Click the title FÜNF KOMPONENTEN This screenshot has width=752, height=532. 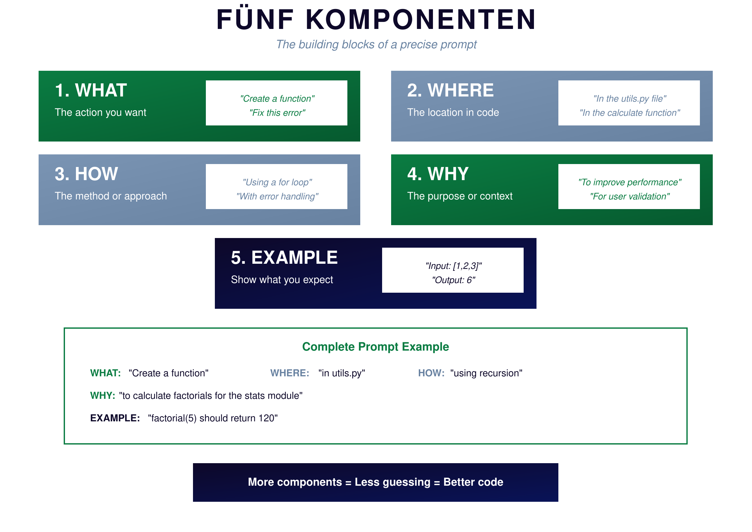[376, 20]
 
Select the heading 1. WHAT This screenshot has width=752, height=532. [91, 90]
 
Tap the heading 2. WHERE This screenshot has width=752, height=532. [450, 90]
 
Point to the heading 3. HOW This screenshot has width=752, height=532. [86, 174]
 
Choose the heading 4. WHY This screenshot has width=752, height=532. [438, 174]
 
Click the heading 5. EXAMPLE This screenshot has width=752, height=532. [284, 258]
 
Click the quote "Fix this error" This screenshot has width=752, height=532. [277, 113]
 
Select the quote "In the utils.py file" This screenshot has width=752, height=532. [629, 99]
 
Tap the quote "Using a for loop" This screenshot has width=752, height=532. [277, 182]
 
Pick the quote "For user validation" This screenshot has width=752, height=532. [629, 197]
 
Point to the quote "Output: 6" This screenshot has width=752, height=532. [453, 280]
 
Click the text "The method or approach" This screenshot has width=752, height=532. [111, 196]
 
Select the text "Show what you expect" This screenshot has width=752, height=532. [282, 280]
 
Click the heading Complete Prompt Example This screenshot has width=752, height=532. [375, 347]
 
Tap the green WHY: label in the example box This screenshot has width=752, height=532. [103, 396]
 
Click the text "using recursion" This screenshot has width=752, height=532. [486, 373]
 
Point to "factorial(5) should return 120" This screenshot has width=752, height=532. [213, 418]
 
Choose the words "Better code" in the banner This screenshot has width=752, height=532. [473, 482]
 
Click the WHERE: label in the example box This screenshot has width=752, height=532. [289, 373]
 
